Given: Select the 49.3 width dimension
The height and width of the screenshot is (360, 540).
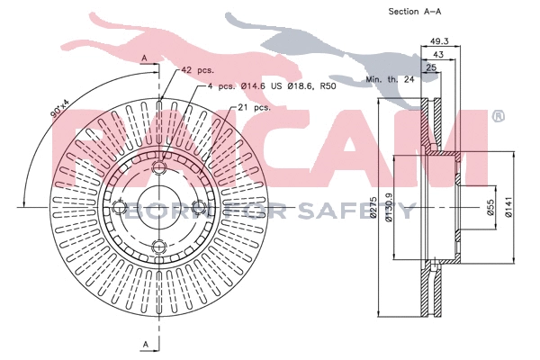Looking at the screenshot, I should click(x=439, y=41).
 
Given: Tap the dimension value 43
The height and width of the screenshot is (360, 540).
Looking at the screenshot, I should click(x=439, y=55).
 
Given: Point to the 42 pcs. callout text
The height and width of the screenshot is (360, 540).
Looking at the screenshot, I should click(x=198, y=69).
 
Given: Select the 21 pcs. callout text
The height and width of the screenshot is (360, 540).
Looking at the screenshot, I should click(x=255, y=107).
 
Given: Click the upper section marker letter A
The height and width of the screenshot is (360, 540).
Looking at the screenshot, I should click(x=144, y=58).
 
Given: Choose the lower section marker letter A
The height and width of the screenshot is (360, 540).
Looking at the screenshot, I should click(x=144, y=346).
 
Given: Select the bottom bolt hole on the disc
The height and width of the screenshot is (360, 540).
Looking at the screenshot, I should click(x=158, y=247).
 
